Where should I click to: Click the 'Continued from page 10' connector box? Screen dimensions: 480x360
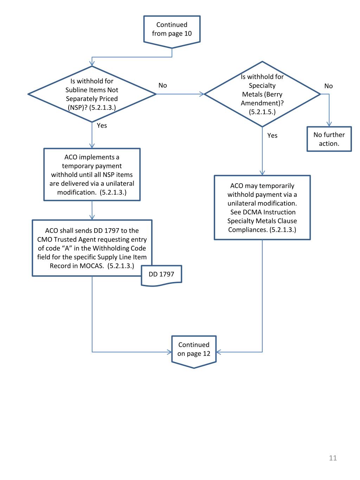click(172, 30)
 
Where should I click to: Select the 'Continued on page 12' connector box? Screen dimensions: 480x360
click(194, 350)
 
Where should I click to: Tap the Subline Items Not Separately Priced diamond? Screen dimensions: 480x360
click(92, 94)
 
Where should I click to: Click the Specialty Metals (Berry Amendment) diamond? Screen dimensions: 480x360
click(262, 94)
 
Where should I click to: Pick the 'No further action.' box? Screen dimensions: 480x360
click(329, 139)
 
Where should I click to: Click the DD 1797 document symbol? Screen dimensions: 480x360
click(161, 275)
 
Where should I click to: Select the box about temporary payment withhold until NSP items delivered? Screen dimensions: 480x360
click(92, 174)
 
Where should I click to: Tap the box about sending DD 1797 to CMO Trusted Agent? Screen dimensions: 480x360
click(92, 248)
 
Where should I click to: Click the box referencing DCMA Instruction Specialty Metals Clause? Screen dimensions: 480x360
click(262, 207)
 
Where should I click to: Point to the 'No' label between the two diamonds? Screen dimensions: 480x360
click(163, 85)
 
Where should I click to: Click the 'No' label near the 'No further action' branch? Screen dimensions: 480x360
click(328, 86)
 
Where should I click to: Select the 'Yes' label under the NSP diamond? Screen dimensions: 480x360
click(102, 126)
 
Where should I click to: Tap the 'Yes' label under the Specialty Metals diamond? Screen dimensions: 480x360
click(272, 136)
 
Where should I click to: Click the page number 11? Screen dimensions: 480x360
click(333, 458)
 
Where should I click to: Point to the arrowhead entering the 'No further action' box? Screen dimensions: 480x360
click(329, 124)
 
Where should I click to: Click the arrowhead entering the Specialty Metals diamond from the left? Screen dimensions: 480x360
click(202, 94)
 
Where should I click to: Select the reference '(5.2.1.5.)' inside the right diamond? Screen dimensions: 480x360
click(262, 112)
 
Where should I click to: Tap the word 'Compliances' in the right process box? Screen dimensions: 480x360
click(248, 230)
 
